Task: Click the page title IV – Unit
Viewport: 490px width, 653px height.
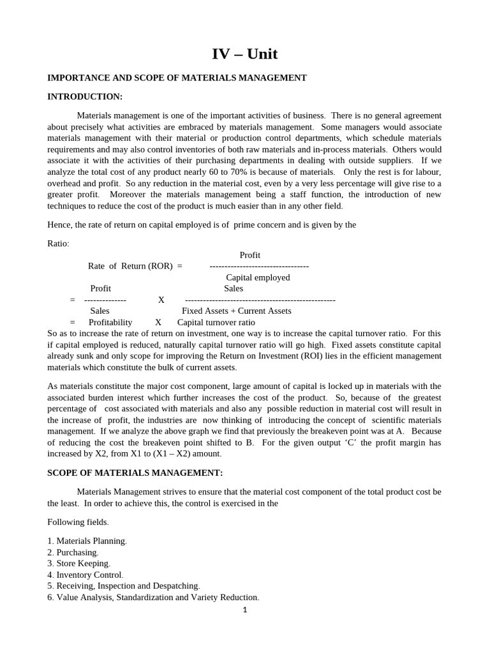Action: point(245,54)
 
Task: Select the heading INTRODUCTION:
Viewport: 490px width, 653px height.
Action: point(85,96)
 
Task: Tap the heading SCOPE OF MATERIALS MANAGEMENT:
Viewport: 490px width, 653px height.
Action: point(135,473)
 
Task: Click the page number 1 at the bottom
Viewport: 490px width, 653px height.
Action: point(244,610)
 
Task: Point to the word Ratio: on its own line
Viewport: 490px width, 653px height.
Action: point(59,244)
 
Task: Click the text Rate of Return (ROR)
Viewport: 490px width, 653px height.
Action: point(130,266)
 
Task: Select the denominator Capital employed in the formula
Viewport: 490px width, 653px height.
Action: point(258,277)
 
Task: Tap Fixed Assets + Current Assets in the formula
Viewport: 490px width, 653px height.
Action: point(236,311)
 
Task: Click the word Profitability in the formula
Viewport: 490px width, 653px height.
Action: point(110,322)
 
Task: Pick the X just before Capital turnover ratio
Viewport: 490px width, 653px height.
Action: point(158,322)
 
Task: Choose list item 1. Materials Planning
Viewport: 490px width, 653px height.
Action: point(87,541)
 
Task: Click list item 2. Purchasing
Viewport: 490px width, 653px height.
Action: point(73,552)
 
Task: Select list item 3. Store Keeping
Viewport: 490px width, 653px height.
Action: point(79,563)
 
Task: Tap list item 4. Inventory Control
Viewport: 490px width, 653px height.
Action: point(85,575)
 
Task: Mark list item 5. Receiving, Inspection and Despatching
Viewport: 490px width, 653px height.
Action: point(124,585)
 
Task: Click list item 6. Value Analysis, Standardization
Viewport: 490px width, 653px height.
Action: point(153,598)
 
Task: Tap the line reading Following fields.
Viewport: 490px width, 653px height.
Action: point(78,522)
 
